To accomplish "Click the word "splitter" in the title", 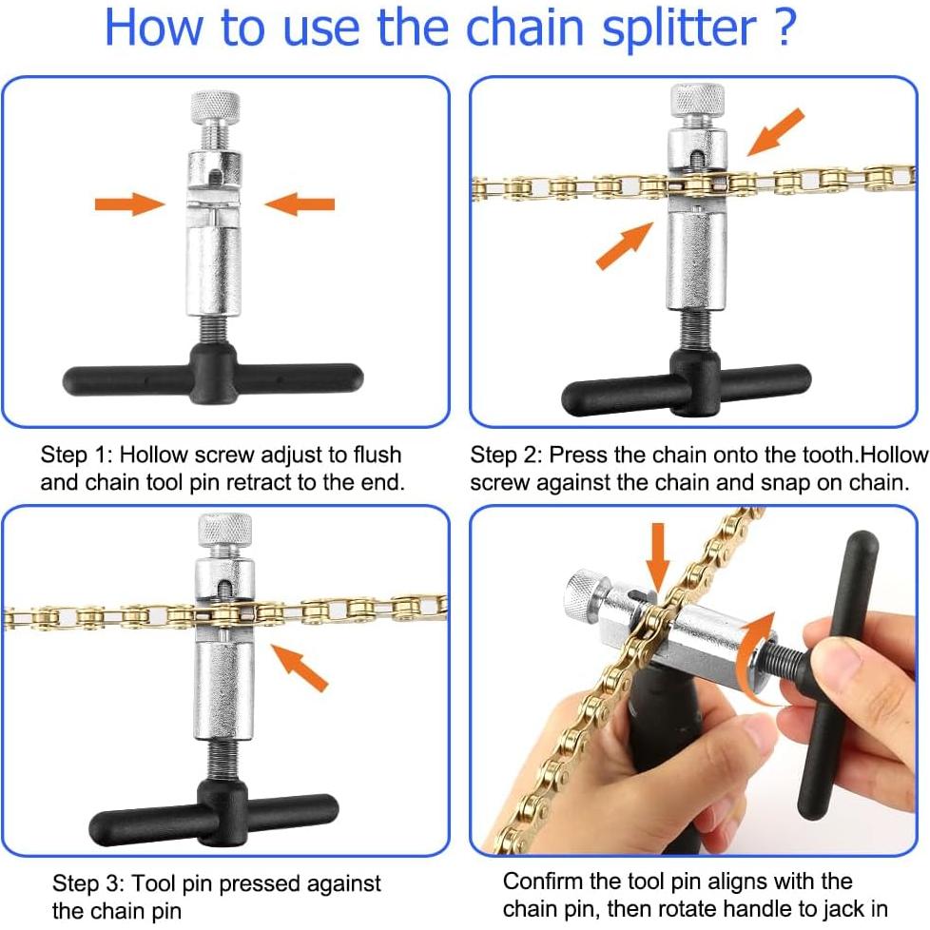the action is [680, 29].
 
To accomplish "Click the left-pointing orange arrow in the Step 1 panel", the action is [300, 204].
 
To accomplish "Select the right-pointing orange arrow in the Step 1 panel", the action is [130, 204].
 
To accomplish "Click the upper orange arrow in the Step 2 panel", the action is [776, 131].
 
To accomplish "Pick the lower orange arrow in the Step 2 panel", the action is [625, 245].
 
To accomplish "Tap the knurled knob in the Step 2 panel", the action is [698, 100].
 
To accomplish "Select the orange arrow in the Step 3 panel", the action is [300, 668].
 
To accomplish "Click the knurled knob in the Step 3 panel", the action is [224, 530].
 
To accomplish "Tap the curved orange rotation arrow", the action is [756, 657].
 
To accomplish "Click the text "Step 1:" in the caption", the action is [76, 455].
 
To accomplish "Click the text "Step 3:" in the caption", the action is [88, 883].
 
